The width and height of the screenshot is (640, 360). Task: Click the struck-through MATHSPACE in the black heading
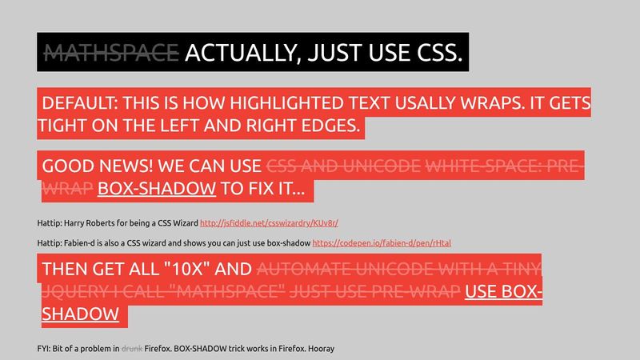point(111,53)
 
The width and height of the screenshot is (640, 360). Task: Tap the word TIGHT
point(62,126)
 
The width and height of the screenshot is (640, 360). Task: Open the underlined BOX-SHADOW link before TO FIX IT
point(157,189)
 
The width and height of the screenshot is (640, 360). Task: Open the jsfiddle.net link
point(269,223)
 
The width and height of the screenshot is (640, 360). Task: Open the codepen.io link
point(382,243)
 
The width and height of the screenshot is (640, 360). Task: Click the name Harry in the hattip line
point(73,223)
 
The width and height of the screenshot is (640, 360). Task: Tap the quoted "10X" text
point(187,269)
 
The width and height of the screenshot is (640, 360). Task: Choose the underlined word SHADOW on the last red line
point(81,314)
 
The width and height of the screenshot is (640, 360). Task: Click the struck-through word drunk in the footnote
point(132,349)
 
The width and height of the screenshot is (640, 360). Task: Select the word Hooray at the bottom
point(322,349)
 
